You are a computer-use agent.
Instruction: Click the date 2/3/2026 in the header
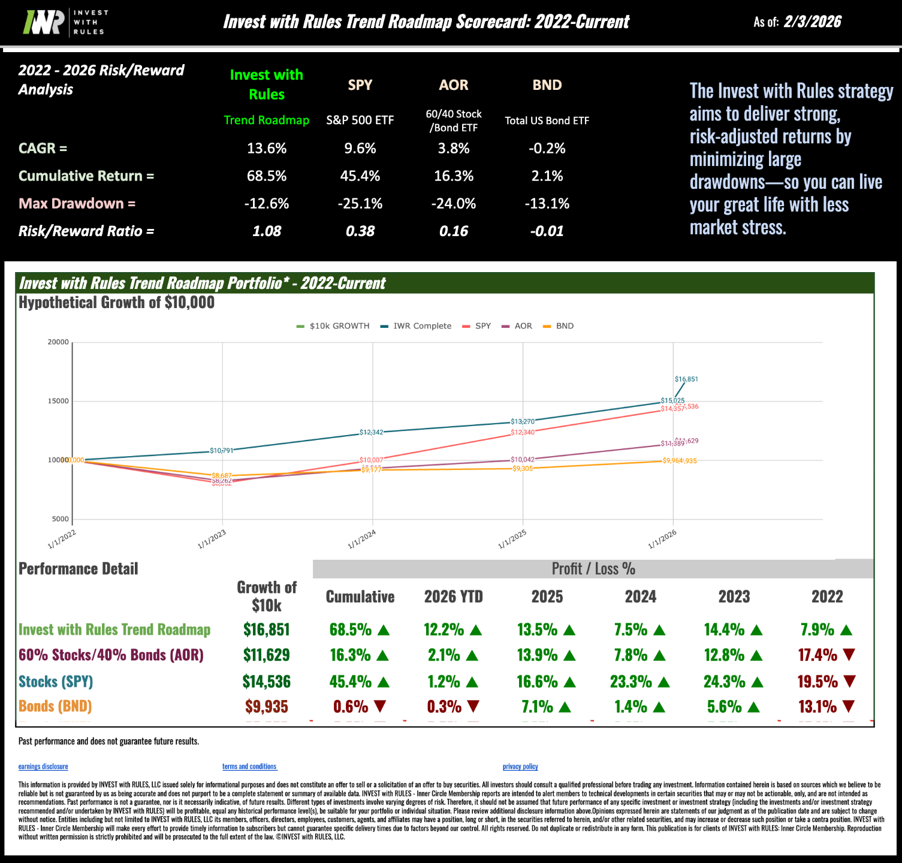[812, 22]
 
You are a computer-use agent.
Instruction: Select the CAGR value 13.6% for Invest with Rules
[267, 149]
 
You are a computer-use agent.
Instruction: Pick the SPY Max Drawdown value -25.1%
[360, 204]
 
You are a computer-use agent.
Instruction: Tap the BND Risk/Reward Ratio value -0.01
[547, 231]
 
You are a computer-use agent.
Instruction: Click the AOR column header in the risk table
[453, 85]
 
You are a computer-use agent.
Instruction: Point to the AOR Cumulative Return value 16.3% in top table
[453, 176]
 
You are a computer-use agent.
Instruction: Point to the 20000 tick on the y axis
[58, 342]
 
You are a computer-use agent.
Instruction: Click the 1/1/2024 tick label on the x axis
[362, 539]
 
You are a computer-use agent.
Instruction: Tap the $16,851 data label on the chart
[686, 379]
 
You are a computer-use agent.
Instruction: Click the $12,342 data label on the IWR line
[371, 432]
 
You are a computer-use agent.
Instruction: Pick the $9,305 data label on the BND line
[523, 469]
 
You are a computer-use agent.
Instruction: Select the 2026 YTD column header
[453, 597]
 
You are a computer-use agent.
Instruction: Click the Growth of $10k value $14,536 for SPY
[266, 682]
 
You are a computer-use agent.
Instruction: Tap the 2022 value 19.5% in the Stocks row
[817, 682]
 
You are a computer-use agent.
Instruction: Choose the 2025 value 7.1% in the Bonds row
[537, 707]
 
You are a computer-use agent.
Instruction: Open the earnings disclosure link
[43, 767]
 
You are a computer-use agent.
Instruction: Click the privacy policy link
[520, 767]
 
